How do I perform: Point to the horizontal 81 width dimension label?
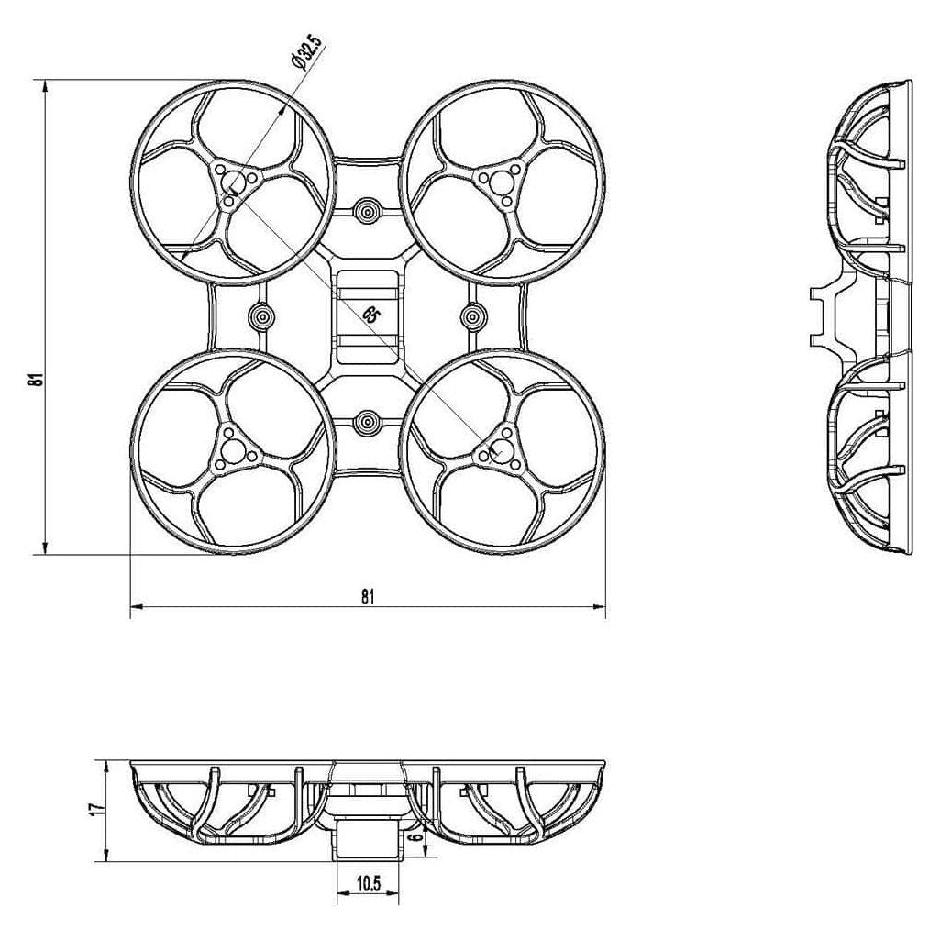[x=368, y=596]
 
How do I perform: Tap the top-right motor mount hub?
[x=502, y=181]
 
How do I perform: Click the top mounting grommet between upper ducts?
[x=368, y=211]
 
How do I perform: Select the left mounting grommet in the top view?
[x=261, y=316]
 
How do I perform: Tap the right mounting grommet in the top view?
[x=473, y=316]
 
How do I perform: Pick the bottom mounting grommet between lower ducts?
[x=368, y=423]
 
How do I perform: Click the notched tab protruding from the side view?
[x=824, y=316]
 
